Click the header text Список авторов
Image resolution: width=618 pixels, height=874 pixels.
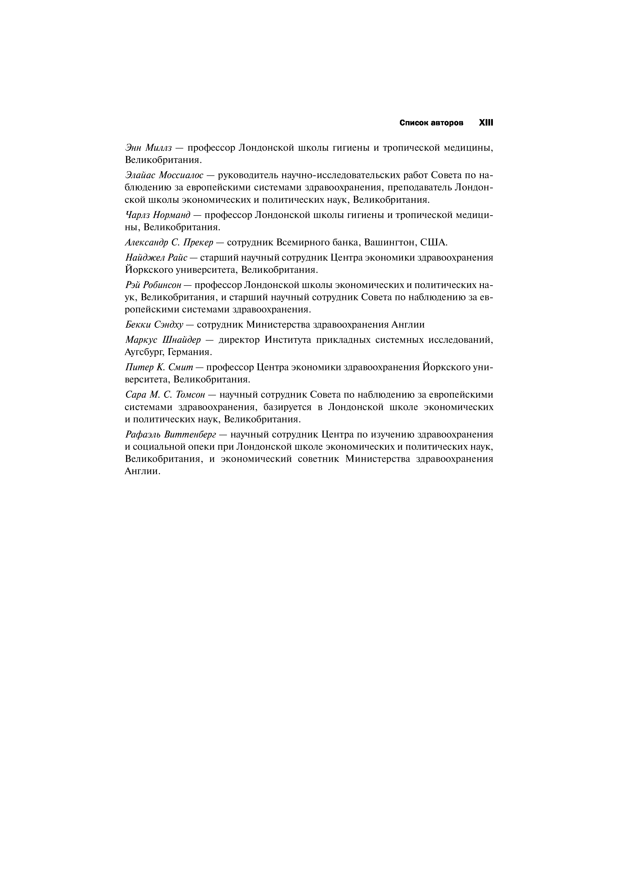pos(432,123)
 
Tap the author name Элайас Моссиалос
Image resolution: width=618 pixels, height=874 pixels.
pos(164,175)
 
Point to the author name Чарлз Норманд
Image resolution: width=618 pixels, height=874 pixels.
pos(158,215)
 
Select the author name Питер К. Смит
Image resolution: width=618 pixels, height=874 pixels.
pos(159,367)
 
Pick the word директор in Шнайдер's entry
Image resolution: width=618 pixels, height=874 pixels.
pos(239,340)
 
